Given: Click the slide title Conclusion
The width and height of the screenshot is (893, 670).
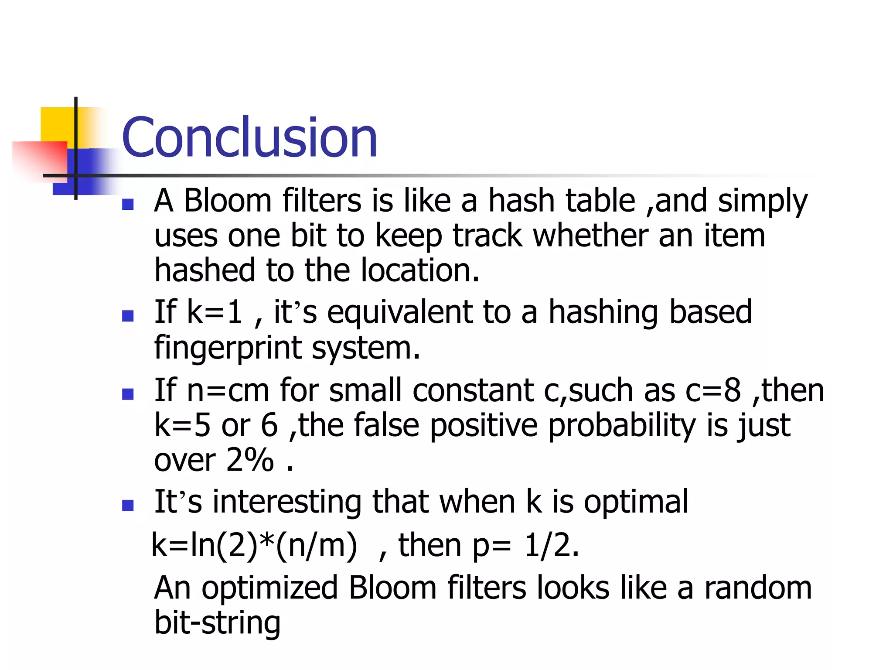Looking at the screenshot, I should click(249, 137).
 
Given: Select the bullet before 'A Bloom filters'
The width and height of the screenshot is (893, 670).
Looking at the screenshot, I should click(128, 204).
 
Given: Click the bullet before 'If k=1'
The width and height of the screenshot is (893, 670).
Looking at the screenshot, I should click(128, 315).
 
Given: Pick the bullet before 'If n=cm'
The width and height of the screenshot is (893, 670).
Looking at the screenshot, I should click(128, 394).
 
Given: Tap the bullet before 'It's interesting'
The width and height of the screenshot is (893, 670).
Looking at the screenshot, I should click(128, 505).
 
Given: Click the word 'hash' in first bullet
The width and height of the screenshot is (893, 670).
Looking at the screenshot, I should click(521, 201).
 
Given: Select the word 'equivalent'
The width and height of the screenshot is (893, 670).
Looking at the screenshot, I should click(399, 312).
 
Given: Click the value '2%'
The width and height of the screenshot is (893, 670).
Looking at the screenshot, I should click(250, 460).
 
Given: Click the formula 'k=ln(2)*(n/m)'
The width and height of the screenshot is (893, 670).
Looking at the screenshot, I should click(254, 546).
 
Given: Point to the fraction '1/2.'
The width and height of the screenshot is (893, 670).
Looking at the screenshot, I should click(552, 546).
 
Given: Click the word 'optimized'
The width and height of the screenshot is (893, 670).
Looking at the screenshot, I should click(270, 588).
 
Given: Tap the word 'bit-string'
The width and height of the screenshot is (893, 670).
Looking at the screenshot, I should click(217, 623).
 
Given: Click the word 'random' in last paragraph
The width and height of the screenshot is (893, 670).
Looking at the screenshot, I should click(758, 588).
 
